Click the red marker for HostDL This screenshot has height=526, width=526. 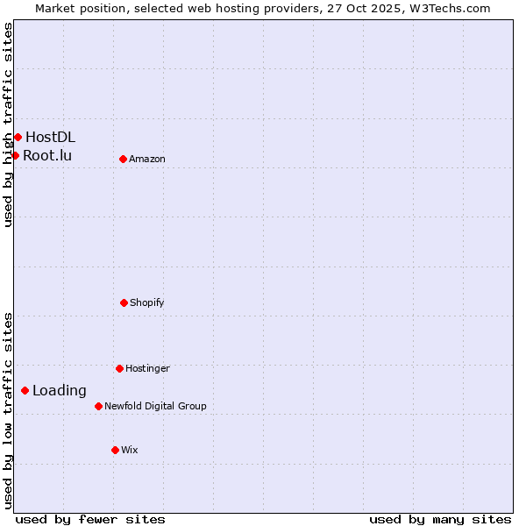tap(18, 137)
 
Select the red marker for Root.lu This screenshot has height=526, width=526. tap(15, 155)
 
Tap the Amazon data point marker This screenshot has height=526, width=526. tap(123, 159)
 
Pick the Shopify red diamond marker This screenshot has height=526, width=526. tap(124, 302)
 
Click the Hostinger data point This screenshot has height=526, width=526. tap(119, 368)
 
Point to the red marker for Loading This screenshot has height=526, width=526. tap(25, 390)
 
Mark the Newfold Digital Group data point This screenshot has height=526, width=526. tap(98, 406)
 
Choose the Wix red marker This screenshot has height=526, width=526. tap(115, 450)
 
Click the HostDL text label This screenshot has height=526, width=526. tap(50, 137)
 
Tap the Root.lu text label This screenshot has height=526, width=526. tap(47, 156)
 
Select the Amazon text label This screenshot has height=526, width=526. tap(147, 159)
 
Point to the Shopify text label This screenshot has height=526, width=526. tap(147, 302)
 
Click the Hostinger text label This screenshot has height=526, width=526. tap(147, 368)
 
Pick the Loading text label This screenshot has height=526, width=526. tap(60, 391)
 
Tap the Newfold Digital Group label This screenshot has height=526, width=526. tap(155, 406)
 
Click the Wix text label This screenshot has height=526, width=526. tap(130, 450)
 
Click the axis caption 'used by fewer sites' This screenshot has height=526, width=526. tap(90, 519)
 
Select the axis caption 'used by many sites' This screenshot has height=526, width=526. tap(440, 519)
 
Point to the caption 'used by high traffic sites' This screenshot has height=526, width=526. tap(8, 124)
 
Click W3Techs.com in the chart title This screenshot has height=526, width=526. tap(446, 8)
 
